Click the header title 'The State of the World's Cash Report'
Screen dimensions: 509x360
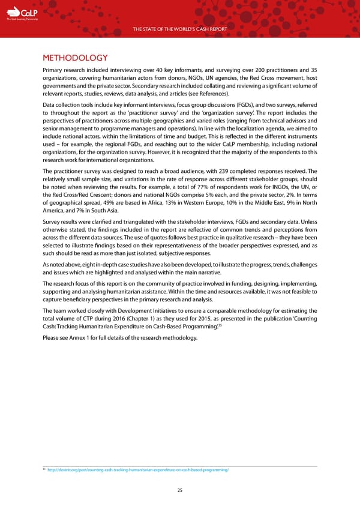tap(179, 29)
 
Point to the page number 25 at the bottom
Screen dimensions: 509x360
tap(179, 490)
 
